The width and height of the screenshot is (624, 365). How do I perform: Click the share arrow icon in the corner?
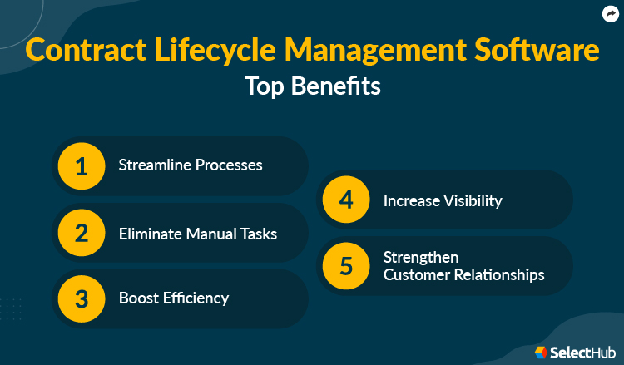(x=610, y=13)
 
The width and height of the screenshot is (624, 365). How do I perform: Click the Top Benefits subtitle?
(x=313, y=86)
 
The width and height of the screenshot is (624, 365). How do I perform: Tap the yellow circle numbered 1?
(x=81, y=166)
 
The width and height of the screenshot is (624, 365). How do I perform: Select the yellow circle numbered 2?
(x=81, y=232)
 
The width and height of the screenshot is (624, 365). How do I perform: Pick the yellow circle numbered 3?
(x=81, y=298)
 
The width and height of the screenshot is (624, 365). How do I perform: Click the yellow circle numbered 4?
(x=345, y=200)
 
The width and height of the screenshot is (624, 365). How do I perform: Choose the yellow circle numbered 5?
(x=345, y=265)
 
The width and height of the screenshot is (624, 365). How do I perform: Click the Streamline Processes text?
(x=191, y=165)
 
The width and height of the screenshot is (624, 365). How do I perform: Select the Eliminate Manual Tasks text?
(x=198, y=234)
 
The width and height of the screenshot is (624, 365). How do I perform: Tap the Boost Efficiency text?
(x=174, y=298)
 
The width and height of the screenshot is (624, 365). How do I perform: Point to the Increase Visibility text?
(x=443, y=200)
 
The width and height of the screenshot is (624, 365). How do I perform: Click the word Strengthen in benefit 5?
(x=421, y=257)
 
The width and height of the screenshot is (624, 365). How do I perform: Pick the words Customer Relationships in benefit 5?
(x=464, y=274)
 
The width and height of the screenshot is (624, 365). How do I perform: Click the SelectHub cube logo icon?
(x=541, y=353)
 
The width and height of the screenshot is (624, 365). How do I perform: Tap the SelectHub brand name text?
(x=583, y=353)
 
